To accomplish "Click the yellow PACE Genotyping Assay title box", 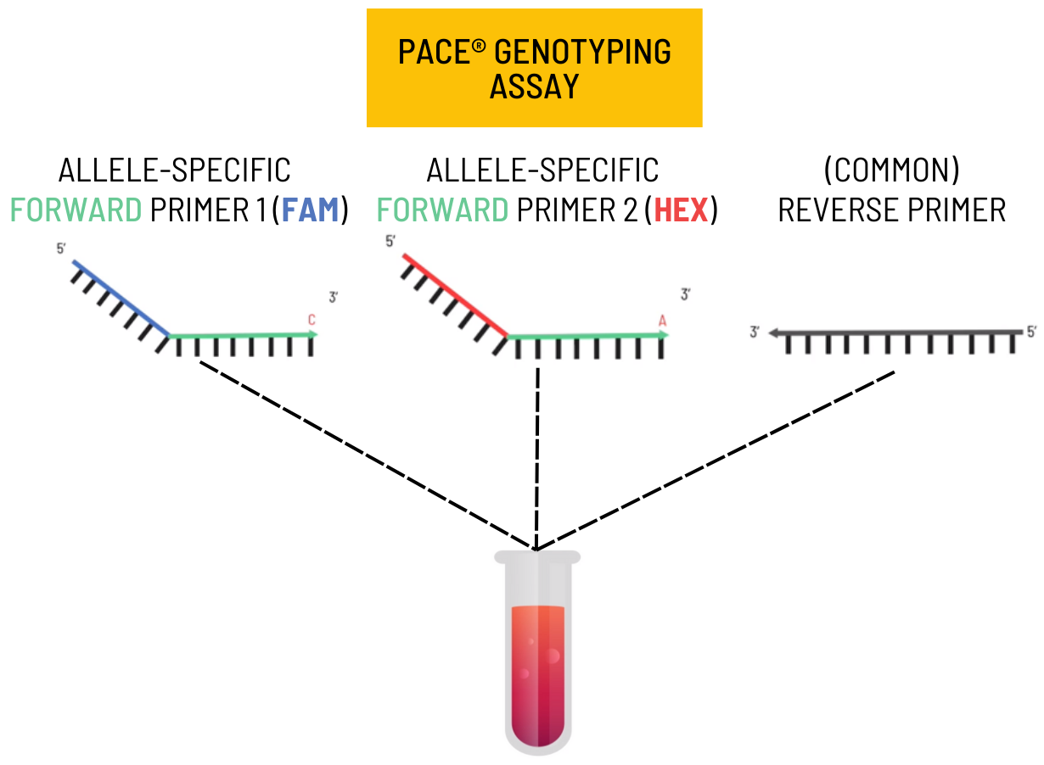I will tap(534, 68).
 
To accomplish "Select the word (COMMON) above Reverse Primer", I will tap(891, 170).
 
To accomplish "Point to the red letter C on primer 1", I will tap(312, 320).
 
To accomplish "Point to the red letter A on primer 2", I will tap(663, 320).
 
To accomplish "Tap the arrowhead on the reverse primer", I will tap(773, 333).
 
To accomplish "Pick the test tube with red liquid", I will tap(537, 653).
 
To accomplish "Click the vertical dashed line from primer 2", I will tap(537, 450).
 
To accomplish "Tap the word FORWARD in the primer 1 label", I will tap(76, 209).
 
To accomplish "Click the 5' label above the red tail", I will tap(390, 242).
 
